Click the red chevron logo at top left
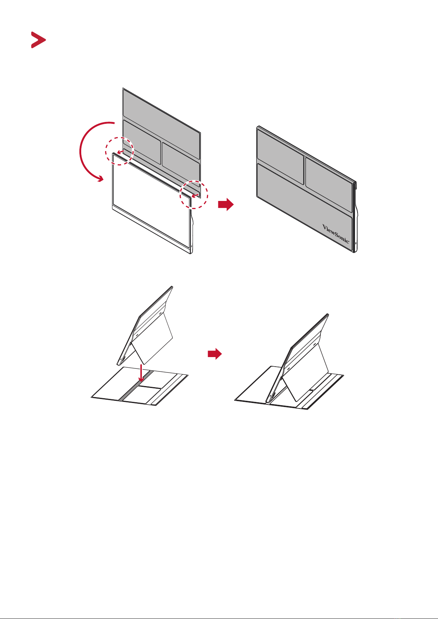click(39, 40)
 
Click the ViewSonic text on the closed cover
click(336, 234)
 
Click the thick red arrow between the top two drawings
click(226, 205)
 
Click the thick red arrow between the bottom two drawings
click(215, 354)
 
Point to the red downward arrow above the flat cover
click(141, 373)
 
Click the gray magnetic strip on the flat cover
click(136, 385)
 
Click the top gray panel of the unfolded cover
click(161, 122)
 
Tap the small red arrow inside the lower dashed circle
click(195, 196)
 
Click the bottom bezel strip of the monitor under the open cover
click(151, 229)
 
